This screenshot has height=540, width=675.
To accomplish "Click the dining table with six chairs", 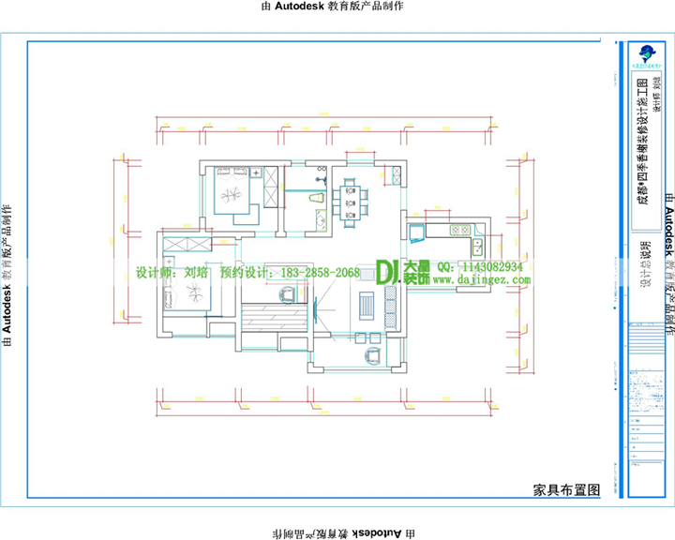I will tap(352, 202).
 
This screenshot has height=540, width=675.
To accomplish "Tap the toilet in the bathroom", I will tap(316, 200).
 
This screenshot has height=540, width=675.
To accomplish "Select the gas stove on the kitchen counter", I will tap(459, 230).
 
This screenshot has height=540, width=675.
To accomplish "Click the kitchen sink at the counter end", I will tap(477, 247).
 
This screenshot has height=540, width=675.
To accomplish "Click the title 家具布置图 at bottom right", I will tap(565, 489).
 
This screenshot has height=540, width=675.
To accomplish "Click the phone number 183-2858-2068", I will tap(314, 273).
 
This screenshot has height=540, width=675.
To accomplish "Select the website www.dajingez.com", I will tap(481, 279).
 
